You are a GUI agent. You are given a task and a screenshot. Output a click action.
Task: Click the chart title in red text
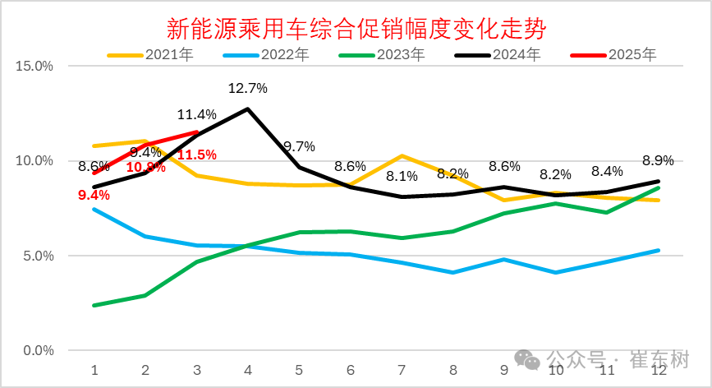[356, 30]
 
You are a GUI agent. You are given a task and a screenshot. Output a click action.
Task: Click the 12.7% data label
[247, 87]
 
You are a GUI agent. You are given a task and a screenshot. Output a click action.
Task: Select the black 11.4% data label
[196, 114]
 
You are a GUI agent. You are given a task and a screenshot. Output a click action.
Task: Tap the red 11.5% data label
[196, 155]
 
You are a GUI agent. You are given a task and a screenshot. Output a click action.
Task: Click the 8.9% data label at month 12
[657, 160]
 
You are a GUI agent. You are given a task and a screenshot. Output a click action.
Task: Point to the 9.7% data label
[299, 147]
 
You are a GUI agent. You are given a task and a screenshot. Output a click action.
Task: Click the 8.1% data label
[402, 175]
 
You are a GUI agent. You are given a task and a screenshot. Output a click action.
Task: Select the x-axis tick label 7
[402, 370]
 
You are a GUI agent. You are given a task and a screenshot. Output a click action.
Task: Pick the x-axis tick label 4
[248, 370]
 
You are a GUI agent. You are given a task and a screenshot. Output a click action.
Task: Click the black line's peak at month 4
[247, 109]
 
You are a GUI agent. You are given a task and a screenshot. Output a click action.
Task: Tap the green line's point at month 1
[94, 305]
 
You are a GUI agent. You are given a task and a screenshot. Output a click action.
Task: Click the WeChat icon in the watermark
[526, 360]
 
